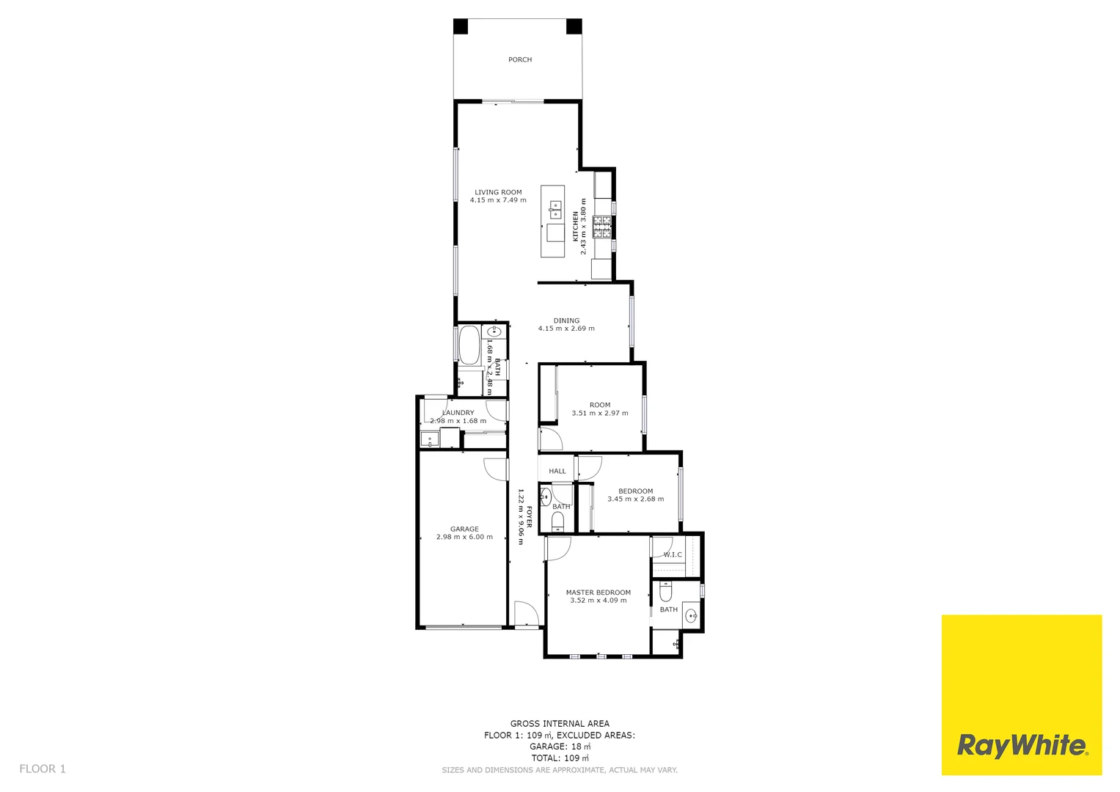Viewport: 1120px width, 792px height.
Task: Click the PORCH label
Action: coord(520,59)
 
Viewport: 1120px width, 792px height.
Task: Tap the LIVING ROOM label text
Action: coord(498,192)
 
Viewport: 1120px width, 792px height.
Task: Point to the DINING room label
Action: coord(566,320)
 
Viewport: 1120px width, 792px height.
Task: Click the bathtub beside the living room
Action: coord(469,345)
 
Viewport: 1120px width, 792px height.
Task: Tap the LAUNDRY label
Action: coord(458,413)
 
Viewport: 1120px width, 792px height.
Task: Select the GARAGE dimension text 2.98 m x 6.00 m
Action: coord(464,537)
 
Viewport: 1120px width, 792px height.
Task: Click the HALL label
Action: coord(557,471)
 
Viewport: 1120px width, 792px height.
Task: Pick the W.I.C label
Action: coord(673,554)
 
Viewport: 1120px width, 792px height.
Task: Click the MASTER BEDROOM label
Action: coord(598,593)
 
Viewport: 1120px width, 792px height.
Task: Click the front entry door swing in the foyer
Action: coord(525,615)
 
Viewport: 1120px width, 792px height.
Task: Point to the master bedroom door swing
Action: coord(557,549)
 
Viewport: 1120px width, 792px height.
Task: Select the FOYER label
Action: coord(529,516)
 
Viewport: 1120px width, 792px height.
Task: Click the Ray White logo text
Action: coord(1022,746)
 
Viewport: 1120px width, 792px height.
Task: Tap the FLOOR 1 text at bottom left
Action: coord(43,769)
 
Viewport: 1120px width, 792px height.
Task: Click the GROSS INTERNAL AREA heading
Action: coord(560,724)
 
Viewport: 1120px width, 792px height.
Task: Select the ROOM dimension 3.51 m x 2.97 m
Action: coord(600,413)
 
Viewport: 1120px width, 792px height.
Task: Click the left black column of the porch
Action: coord(461,26)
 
